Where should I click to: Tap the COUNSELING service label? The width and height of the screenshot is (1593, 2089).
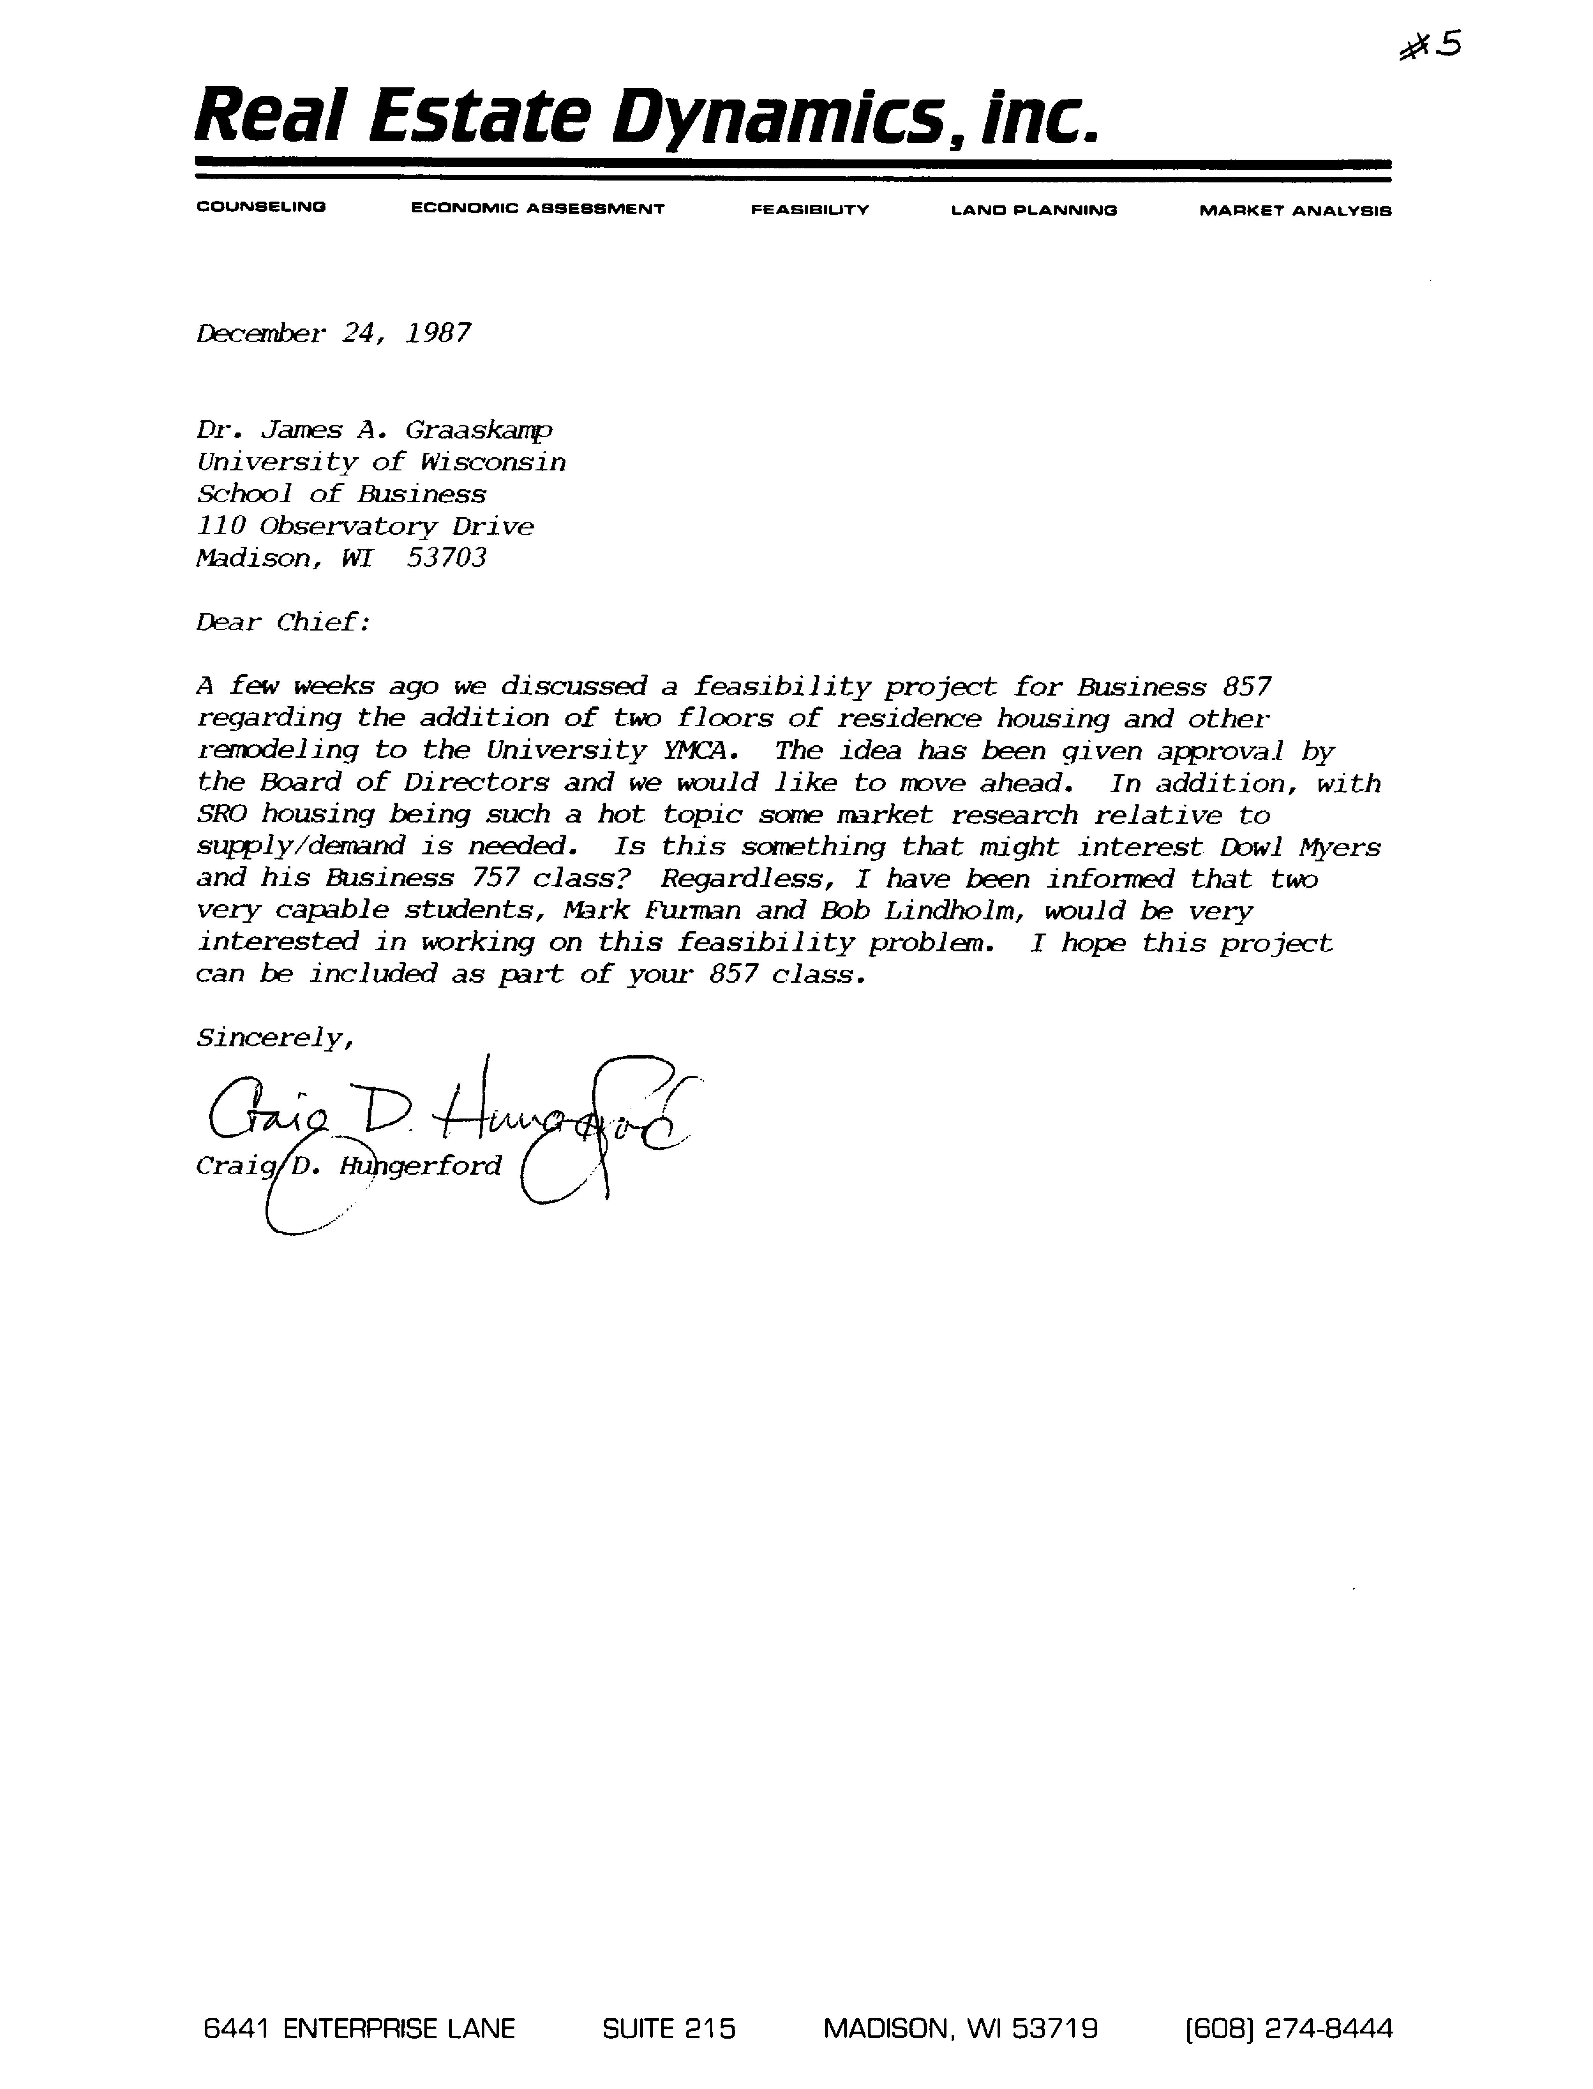pos(261,207)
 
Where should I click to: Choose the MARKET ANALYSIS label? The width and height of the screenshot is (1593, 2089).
pos(1295,210)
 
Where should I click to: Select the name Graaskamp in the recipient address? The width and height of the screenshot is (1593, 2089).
pos(479,430)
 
